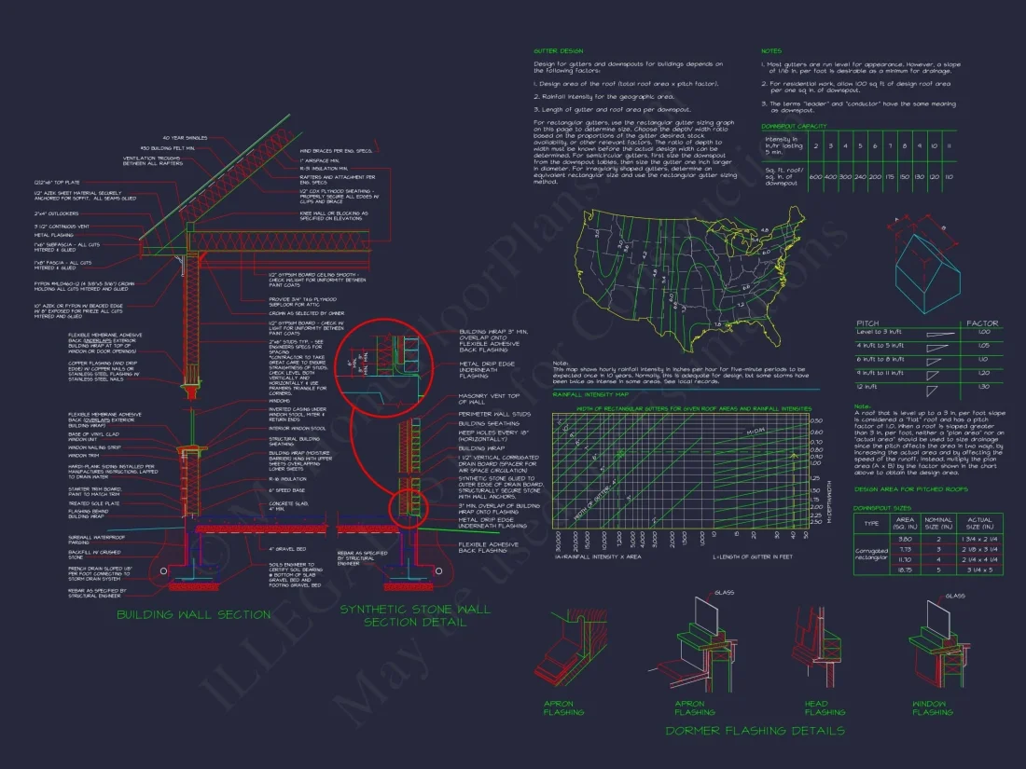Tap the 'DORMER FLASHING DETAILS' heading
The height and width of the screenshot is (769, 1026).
pyautogui.click(x=755, y=730)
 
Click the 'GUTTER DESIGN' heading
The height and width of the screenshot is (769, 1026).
pyautogui.click(x=558, y=50)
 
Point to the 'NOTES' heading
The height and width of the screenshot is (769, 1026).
pyautogui.click(x=771, y=50)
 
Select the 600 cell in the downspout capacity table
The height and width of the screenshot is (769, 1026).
pyautogui.click(x=815, y=176)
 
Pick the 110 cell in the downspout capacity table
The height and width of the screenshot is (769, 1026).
pyautogui.click(x=949, y=176)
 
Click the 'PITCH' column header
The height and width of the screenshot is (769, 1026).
pyautogui.click(x=868, y=323)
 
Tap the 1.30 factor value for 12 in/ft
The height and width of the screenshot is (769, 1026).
pyautogui.click(x=982, y=386)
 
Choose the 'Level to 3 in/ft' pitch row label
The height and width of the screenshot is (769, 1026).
pyautogui.click(x=879, y=332)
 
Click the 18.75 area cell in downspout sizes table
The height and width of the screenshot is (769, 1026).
pyautogui.click(x=904, y=569)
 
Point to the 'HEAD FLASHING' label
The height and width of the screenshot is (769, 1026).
pyautogui.click(x=816, y=708)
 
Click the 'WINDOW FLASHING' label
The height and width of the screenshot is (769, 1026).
pyautogui.click(x=932, y=708)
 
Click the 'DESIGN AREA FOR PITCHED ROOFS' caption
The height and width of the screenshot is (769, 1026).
pyautogui.click(x=898, y=488)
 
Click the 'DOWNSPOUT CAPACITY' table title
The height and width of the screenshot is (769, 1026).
pyautogui.click(x=794, y=125)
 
